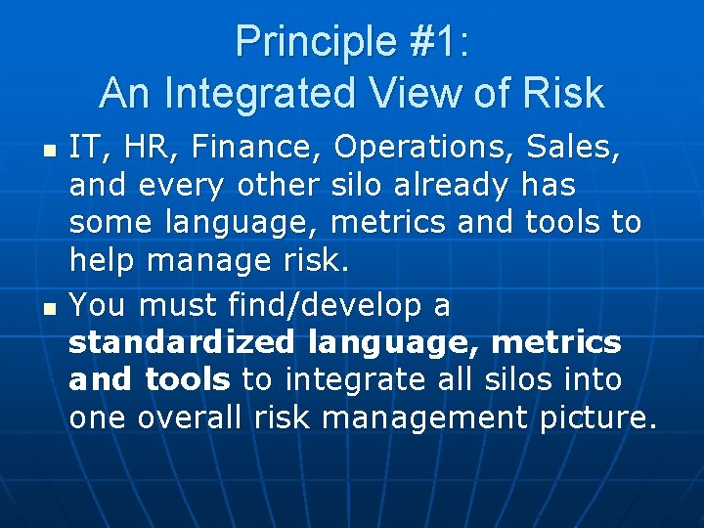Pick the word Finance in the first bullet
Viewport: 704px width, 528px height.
tap(258, 147)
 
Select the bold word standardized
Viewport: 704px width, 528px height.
tap(182, 343)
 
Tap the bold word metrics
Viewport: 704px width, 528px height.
tap(555, 343)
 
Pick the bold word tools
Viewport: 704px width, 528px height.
tap(188, 380)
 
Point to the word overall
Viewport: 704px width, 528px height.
tap(191, 418)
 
